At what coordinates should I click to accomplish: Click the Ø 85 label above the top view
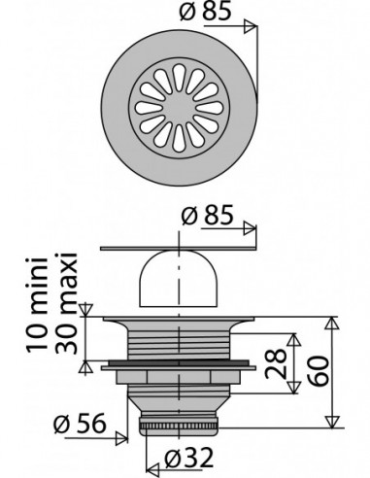click(x=205, y=12)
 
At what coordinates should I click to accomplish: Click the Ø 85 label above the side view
click(x=207, y=215)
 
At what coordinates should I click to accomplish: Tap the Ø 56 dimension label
click(x=80, y=424)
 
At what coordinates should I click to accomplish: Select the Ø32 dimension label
click(x=188, y=458)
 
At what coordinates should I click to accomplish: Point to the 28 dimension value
click(x=276, y=363)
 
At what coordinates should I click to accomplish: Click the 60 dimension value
click(x=318, y=371)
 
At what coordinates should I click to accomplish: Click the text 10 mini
click(x=37, y=305)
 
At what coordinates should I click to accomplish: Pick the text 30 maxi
click(x=66, y=303)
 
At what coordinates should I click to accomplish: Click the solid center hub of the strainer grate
click(x=179, y=108)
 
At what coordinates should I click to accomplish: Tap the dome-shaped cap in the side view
click(x=179, y=279)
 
